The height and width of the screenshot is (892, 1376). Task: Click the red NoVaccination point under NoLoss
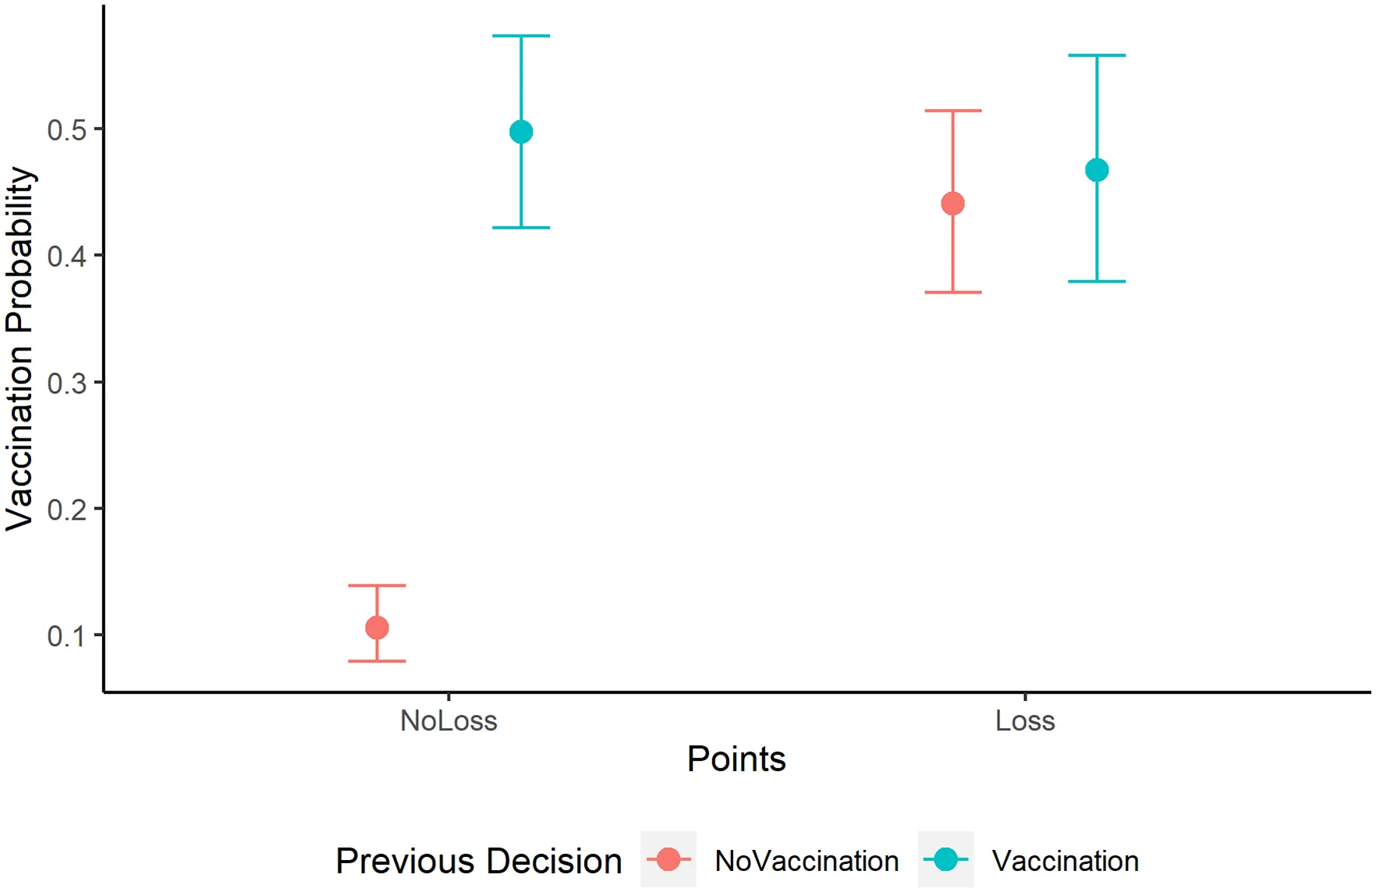click(377, 627)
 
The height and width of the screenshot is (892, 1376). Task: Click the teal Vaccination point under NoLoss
click(521, 132)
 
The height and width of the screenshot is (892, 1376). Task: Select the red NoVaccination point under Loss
click(952, 204)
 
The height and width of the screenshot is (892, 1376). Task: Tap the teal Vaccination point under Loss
click(1097, 170)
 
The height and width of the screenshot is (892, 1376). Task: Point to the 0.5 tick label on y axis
click(66, 130)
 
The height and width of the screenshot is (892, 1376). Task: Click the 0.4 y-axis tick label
click(66, 256)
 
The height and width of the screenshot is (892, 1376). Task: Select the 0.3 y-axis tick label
click(66, 383)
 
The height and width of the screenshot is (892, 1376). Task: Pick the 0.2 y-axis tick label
click(66, 510)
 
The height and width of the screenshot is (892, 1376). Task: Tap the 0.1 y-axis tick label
click(66, 636)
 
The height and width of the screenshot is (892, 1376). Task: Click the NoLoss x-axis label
click(449, 720)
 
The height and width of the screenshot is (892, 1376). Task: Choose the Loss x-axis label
click(1025, 720)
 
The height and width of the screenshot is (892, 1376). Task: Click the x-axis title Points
click(736, 759)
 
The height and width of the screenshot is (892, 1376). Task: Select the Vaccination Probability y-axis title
click(20, 349)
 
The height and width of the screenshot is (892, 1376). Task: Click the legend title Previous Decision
click(478, 861)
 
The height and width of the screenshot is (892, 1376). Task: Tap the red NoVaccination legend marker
click(668, 859)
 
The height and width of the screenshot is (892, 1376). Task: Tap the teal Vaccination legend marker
click(945, 859)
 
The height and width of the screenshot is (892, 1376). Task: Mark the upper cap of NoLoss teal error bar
click(521, 36)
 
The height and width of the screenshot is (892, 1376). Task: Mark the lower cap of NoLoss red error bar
click(377, 661)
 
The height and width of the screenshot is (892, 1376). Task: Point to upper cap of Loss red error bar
click(952, 111)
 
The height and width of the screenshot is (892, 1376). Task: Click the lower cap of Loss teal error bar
click(1097, 281)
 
